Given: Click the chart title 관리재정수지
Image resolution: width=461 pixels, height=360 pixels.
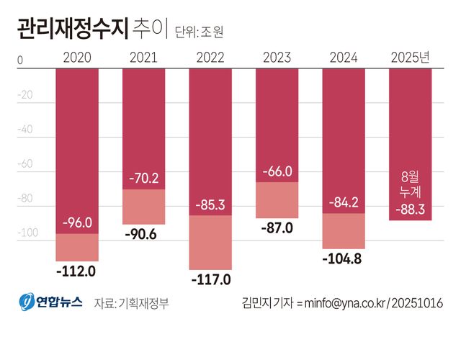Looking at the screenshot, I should (68, 30).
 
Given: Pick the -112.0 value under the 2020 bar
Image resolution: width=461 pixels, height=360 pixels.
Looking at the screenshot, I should (77, 271).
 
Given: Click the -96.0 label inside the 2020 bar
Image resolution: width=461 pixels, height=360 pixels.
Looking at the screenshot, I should (77, 222).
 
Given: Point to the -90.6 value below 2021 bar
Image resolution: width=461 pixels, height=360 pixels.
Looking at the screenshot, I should (143, 235).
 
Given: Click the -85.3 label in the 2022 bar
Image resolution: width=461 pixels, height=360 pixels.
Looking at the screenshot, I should (210, 204).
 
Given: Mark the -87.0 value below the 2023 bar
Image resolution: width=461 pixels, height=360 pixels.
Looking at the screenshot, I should (277, 228).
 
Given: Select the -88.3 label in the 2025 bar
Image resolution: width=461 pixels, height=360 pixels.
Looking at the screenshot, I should (411, 210).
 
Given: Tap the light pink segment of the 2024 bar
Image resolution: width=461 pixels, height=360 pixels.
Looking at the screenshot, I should (344, 231).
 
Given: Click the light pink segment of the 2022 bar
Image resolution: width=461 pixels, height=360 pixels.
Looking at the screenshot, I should (210, 243).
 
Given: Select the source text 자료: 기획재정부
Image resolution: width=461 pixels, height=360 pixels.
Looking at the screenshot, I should (131, 303).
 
